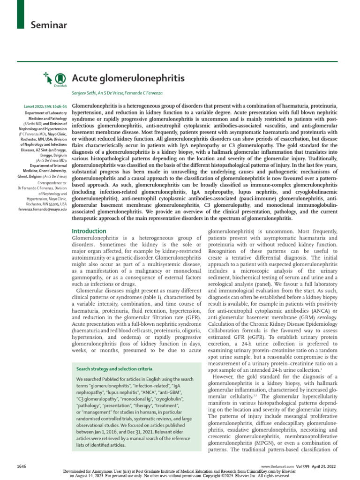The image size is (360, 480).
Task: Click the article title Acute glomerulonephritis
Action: (x=128, y=78)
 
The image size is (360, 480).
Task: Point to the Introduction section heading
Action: (x=89, y=231)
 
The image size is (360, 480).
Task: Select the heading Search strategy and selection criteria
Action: (x=114, y=369)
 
